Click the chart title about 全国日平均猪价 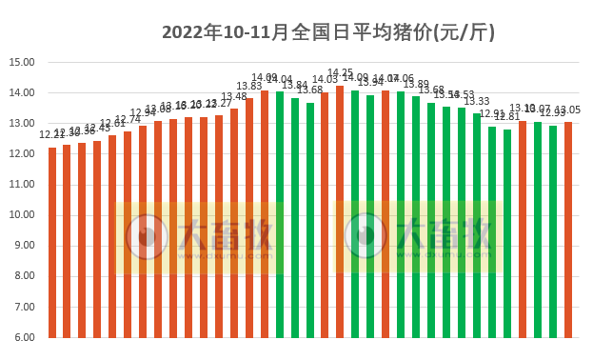328,31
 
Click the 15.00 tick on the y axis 21,63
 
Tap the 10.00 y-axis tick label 21,215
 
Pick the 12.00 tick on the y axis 21,154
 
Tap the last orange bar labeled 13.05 568,230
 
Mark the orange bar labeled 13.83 249,218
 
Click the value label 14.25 340,73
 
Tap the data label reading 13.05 568,110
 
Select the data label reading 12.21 52,135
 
